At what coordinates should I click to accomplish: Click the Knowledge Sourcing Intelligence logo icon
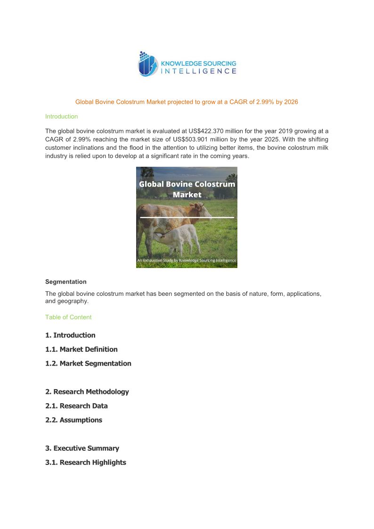point(147,64)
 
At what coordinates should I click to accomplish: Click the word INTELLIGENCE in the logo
point(199,72)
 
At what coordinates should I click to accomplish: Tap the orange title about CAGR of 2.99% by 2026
point(187,102)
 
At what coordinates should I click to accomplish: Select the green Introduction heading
point(61,116)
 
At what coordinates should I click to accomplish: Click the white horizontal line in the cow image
point(187,217)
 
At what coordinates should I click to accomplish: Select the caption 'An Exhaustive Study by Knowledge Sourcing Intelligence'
point(187,260)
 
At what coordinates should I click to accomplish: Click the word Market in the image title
point(187,195)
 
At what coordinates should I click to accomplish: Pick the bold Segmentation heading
point(66,282)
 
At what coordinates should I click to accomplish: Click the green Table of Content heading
point(68,317)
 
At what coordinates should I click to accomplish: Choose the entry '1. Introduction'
point(70,335)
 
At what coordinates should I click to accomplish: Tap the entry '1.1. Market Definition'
point(81,350)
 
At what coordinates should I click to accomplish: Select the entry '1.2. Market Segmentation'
point(88,364)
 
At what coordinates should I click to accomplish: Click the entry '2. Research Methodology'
point(87,392)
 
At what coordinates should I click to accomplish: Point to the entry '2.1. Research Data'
point(76,406)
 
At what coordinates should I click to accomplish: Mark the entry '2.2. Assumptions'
point(73,420)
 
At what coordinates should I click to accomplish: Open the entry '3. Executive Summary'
point(82,448)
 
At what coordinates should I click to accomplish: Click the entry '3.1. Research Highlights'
point(86,463)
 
